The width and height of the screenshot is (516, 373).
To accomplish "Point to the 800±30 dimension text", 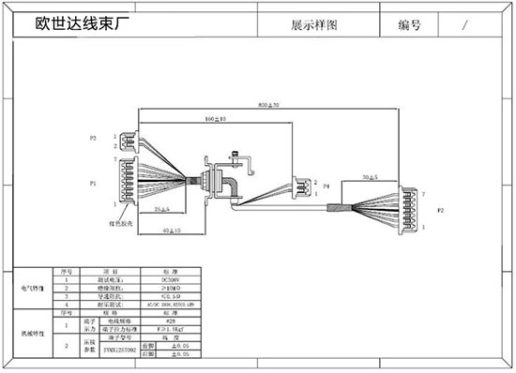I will pos(270,103).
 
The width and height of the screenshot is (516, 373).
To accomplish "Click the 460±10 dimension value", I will pos(215,120).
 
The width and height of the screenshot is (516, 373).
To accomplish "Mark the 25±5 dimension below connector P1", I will pos(162,207).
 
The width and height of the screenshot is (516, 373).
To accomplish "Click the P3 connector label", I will pos(93,139).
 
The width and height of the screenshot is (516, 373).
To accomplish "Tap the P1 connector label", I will pos(92,183).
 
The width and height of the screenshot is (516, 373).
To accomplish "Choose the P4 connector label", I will pos(326,187).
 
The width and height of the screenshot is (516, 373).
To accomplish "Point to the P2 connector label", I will pos(441,211).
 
